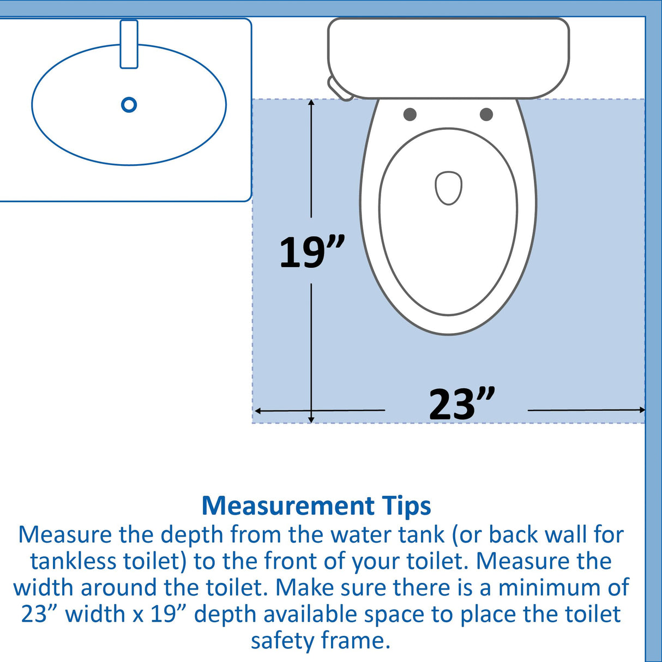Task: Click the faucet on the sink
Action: click(x=129, y=44)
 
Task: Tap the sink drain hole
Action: click(x=129, y=105)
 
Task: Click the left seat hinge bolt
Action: click(x=410, y=114)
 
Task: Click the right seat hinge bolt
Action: click(x=486, y=114)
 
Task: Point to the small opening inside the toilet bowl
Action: click(x=448, y=188)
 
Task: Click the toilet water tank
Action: click(x=448, y=57)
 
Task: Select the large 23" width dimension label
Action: click(x=461, y=405)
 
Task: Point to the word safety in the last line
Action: click(x=283, y=641)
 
